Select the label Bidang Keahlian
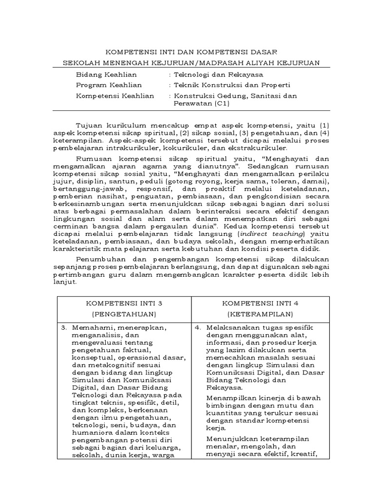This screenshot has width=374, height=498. click(106, 74)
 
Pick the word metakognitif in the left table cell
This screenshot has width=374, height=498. click(113, 365)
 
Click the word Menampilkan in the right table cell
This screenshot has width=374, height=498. click(228, 398)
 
